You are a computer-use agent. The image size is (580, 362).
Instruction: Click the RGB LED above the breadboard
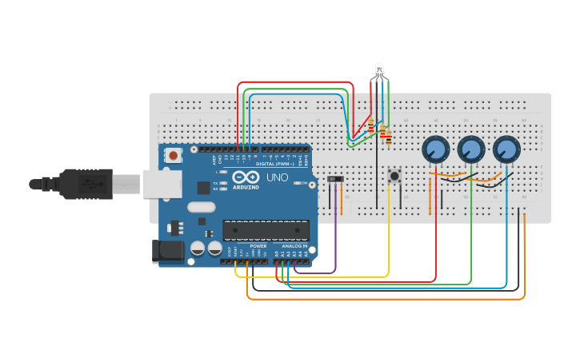click(380, 70)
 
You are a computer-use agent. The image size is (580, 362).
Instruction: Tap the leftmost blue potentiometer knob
click(434, 149)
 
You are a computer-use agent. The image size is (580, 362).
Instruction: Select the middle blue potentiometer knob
click(470, 149)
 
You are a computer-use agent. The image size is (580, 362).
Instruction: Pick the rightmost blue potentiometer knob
click(506, 149)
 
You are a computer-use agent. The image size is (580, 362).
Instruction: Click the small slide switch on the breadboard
click(336, 179)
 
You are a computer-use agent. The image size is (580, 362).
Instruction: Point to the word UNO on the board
click(277, 177)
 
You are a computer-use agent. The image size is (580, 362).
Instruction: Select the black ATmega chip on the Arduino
click(266, 230)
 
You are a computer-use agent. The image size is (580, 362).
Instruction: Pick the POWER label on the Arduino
click(258, 246)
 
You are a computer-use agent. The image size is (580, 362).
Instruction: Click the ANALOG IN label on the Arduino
click(294, 246)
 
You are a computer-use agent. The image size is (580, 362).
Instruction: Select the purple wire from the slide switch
click(335, 240)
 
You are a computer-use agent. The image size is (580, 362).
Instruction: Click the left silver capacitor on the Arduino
click(197, 249)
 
